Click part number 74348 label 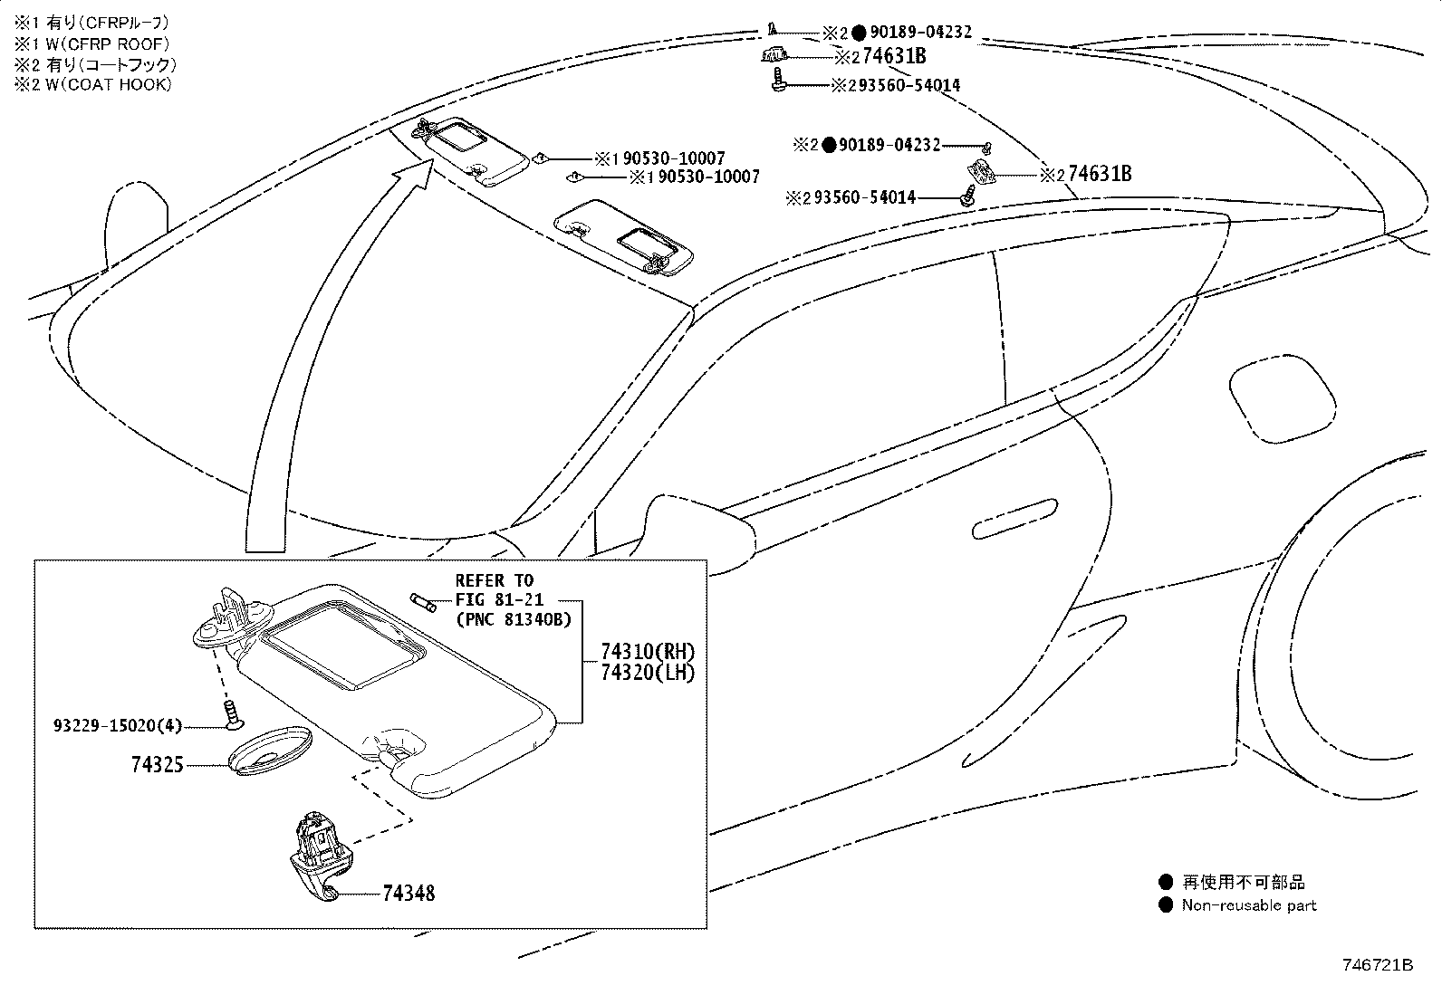(x=408, y=894)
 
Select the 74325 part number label (x=158, y=765)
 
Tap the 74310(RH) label (x=648, y=652)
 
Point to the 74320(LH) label (x=648, y=673)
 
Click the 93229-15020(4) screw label (x=118, y=725)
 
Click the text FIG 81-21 (x=494, y=599)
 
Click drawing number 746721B (x=1377, y=965)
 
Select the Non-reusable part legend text (x=1248, y=905)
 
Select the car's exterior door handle (x=1014, y=517)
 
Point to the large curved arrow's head (x=418, y=172)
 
